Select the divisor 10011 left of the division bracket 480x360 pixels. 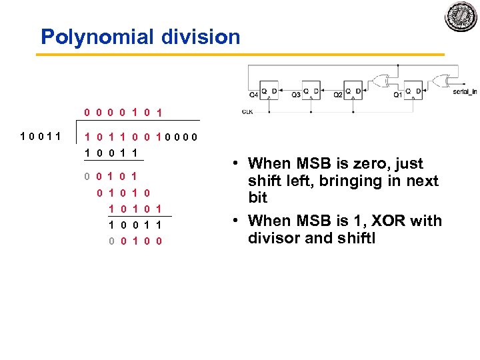41,137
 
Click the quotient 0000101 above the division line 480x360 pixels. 124,112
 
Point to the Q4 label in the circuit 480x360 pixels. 253,94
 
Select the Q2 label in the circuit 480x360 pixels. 338,94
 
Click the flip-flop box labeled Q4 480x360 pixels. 269,89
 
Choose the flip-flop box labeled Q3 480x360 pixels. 311,89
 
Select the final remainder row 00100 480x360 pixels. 135,241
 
